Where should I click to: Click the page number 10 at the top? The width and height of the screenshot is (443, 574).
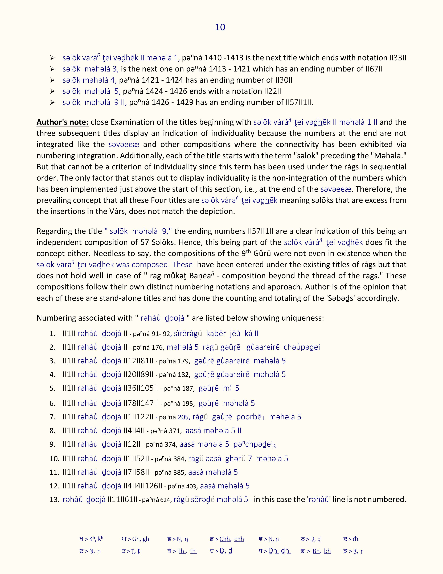click(220, 27)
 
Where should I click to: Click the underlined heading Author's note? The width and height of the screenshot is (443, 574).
click(63, 122)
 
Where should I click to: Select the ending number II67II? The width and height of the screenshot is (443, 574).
click(374, 69)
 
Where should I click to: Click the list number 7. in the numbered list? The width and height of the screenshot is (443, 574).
click(52, 417)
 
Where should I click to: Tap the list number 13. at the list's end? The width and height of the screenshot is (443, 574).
click(54, 500)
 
